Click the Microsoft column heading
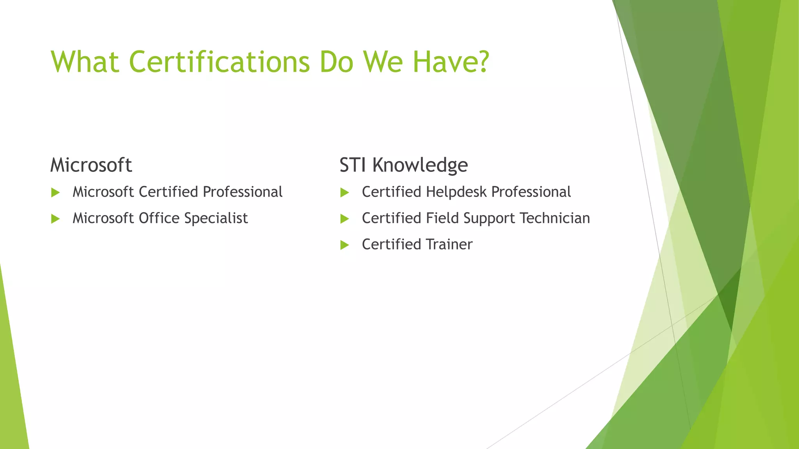click(x=91, y=165)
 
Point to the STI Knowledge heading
click(x=403, y=165)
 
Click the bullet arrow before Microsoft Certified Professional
click(x=55, y=193)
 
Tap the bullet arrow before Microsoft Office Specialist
click(x=55, y=219)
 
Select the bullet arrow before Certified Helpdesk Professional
click(x=344, y=193)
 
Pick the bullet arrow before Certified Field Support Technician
click(x=344, y=219)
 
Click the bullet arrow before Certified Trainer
click(x=344, y=245)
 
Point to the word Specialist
click(x=216, y=218)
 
